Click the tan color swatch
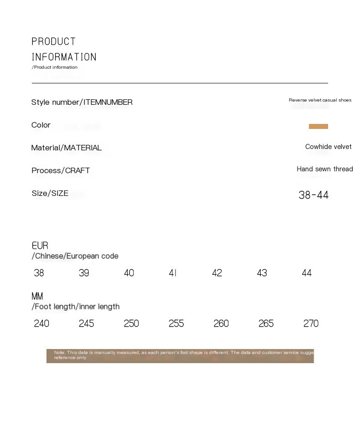tap(318, 126)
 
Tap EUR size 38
tap(39, 273)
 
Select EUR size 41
tap(173, 273)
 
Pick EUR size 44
tap(307, 273)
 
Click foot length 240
tap(41, 323)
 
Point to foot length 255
tap(176, 323)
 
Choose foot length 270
tap(311, 323)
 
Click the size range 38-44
tap(314, 195)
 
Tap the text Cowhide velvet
tap(328, 147)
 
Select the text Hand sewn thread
tap(324, 169)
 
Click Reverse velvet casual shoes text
tap(320, 100)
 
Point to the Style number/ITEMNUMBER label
tap(82, 102)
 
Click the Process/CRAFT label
tap(61, 170)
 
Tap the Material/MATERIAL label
tap(67, 148)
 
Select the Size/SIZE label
tap(50, 193)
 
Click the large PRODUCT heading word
tap(54, 42)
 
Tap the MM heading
tap(37, 297)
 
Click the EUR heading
tap(40, 246)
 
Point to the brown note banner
tap(180, 356)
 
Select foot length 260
tap(221, 323)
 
